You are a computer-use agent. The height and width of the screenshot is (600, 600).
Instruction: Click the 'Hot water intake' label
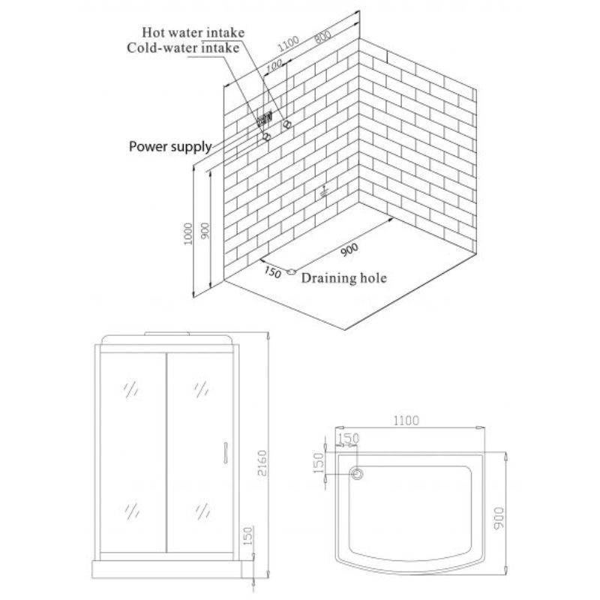(193, 32)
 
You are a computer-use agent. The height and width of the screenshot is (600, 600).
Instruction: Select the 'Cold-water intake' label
(183, 48)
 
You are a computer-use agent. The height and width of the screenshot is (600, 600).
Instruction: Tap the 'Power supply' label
(170, 147)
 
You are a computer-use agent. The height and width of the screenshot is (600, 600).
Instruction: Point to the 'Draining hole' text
(344, 277)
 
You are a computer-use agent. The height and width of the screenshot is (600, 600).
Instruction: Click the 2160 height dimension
(262, 463)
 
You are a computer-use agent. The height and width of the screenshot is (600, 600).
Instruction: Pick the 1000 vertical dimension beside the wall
(188, 234)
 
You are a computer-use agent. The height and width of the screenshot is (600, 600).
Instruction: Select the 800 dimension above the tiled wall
(322, 37)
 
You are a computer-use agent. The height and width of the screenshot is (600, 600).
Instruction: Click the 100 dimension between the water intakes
(274, 66)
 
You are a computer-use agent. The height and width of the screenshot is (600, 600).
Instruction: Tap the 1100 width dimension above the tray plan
(406, 421)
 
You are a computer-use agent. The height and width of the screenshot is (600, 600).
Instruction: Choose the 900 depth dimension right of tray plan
(499, 518)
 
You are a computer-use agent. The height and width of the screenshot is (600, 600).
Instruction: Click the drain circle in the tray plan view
(357, 475)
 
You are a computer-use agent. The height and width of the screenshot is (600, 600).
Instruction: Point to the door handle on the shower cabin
(226, 453)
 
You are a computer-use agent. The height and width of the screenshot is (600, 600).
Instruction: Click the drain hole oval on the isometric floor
(291, 271)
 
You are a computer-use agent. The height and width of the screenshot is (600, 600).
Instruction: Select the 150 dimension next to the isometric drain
(272, 272)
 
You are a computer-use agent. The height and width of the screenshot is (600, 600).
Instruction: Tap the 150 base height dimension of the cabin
(248, 536)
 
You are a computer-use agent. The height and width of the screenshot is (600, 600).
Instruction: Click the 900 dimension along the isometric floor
(349, 250)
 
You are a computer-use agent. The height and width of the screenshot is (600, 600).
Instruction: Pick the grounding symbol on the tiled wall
(324, 192)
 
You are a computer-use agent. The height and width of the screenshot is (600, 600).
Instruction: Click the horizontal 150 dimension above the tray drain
(349, 438)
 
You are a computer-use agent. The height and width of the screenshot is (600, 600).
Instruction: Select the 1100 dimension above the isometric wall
(288, 44)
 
